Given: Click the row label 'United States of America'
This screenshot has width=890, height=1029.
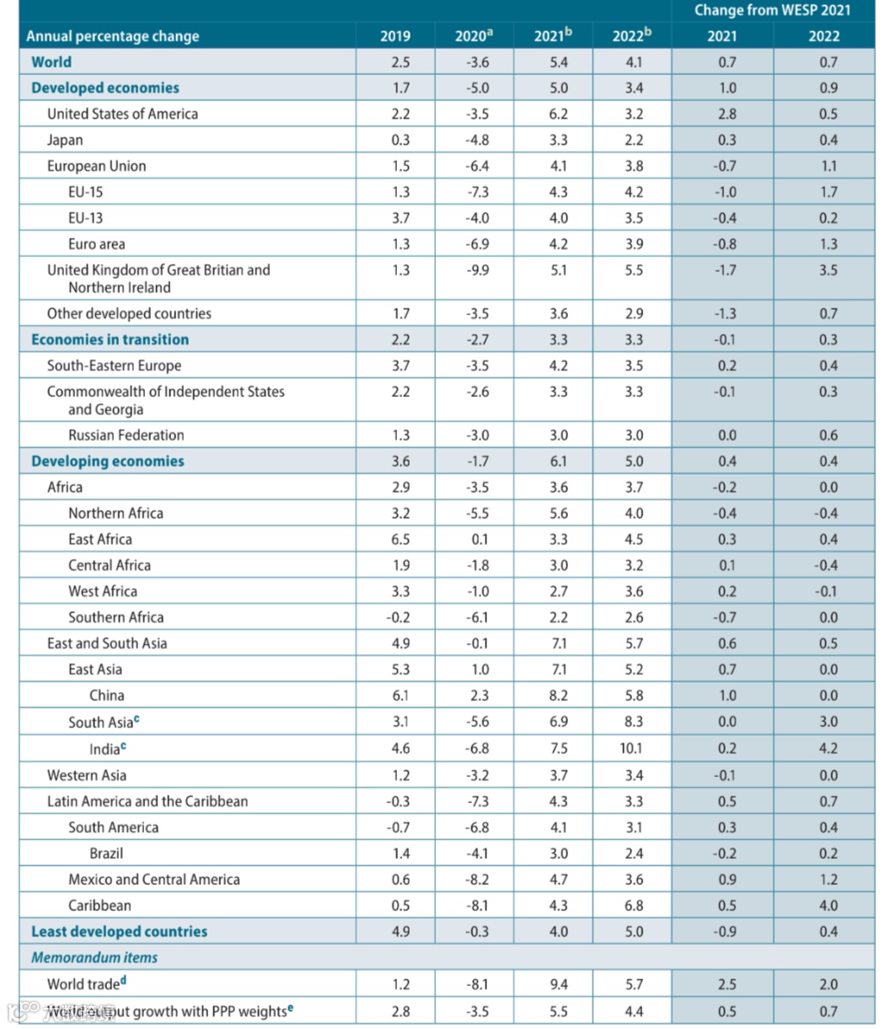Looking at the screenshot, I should pyautogui.click(x=122, y=114).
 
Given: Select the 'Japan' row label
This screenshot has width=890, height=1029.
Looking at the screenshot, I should pyautogui.click(x=65, y=140).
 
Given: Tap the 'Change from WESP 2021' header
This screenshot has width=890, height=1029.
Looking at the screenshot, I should pyautogui.click(x=772, y=10).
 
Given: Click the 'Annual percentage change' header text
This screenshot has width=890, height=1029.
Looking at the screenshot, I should pyautogui.click(x=113, y=36).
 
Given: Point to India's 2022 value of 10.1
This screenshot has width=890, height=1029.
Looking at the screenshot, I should pyautogui.click(x=634, y=748).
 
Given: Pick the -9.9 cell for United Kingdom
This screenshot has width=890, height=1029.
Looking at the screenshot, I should pyautogui.click(x=477, y=271).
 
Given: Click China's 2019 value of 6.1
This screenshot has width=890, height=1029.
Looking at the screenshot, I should pyautogui.click(x=401, y=696).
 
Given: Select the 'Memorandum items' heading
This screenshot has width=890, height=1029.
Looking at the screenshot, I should pyautogui.click(x=94, y=957).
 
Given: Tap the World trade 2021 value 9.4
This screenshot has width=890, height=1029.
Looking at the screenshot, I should pyautogui.click(x=558, y=984).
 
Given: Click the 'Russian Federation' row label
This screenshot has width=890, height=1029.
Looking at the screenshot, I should pyautogui.click(x=126, y=436).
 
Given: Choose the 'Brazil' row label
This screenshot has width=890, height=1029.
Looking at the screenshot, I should pyautogui.click(x=106, y=854).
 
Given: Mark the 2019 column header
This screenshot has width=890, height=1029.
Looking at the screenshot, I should pyautogui.click(x=395, y=36).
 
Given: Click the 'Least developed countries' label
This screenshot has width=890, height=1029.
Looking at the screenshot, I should pyautogui.click(x=119, y=931).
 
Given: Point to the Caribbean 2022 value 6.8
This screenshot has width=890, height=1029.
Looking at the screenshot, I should pyautogui.click(x=634, y=906).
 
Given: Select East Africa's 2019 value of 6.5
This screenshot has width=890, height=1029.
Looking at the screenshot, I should pyautogui.click(x=401, y=539).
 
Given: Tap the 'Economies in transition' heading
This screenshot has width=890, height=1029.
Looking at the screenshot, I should pyautogui.click(x=110, y=340).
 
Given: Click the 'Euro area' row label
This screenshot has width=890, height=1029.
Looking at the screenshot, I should pyautogui.click(x=96, y=244).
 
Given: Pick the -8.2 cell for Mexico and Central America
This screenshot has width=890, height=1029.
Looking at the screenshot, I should pyautogui.click(x=477, y=880).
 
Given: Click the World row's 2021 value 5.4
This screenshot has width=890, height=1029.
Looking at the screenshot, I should pyautogui.click(x=558, y=62).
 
